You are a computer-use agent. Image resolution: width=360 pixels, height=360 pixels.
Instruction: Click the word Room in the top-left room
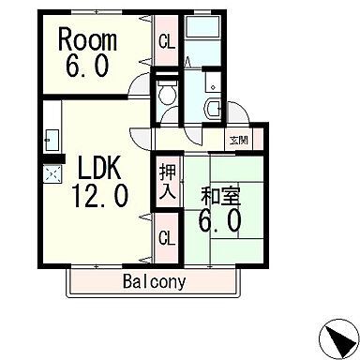coord(89,40)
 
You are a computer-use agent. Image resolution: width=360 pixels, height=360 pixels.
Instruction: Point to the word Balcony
coord(153,281)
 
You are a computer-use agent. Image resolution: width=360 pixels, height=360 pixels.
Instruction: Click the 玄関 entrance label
coord(238,140)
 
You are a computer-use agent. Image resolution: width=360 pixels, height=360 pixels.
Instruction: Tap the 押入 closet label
coord(167,182)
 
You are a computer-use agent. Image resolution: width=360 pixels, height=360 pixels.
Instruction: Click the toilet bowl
coord(167,93)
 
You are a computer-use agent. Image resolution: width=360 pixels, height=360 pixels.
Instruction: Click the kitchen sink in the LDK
coord(50,141)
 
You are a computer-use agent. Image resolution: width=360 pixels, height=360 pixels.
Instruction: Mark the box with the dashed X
coord(50,174)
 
